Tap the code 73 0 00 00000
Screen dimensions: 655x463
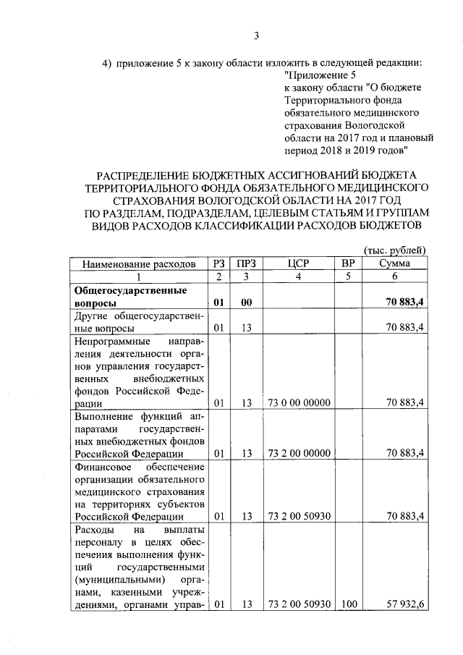[300, 403]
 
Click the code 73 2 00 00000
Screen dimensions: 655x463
[300, 454]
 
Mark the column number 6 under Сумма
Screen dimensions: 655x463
[394, 276]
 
